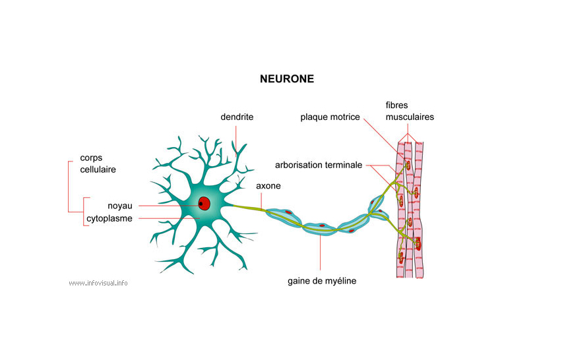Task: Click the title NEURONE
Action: (287, 79)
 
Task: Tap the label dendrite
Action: (237, 117)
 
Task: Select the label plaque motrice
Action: (330, 117)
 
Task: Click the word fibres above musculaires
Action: (397, 105)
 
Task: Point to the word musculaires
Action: (410, 117)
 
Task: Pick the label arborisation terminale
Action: (319, 165)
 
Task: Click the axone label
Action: (268, 186)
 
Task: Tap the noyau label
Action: (120, 206)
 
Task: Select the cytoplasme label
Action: (109, 218)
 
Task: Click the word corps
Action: (91, 158)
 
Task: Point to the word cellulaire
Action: (98, 169)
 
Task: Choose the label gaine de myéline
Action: (322, 281)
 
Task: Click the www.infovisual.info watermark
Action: (98, 283)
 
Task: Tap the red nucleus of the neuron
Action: (204, 204)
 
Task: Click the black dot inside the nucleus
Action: (201, 204)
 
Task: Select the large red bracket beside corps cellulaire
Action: (69, 187)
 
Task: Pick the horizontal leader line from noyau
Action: (169, 206)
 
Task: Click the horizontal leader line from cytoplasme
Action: (169, 218)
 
